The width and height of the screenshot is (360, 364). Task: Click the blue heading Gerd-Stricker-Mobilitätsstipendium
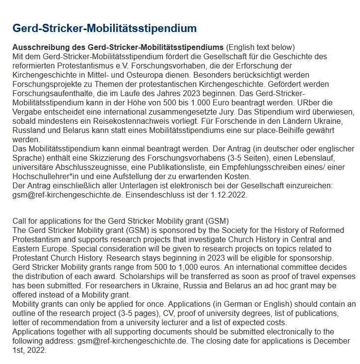coord(104,28)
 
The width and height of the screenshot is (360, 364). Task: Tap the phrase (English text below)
coord(260,48)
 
